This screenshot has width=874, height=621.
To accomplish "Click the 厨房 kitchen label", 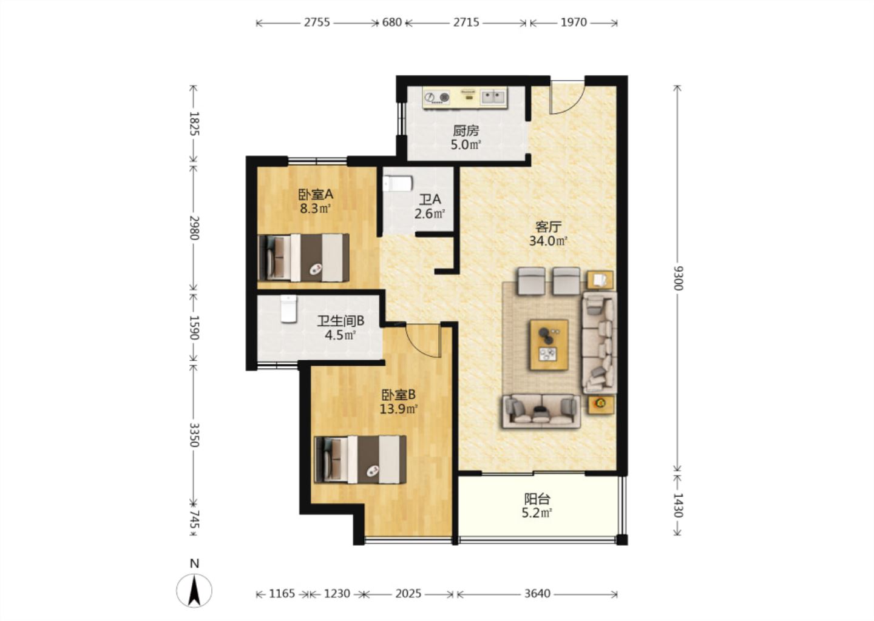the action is pos(466,130).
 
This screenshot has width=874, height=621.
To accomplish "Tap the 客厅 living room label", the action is pos(548,227).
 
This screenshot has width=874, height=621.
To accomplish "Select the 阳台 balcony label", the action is pos(537,498).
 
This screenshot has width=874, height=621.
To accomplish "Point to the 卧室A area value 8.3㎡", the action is pos(315,209).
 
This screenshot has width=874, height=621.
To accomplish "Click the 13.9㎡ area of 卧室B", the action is pos(399,409).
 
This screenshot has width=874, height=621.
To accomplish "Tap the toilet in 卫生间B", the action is pos(288,308).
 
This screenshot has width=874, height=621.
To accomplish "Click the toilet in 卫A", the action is pos(398,184).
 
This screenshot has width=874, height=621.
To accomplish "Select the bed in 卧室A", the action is pos(303,257).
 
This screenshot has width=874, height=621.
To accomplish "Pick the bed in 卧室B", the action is pos(360,460).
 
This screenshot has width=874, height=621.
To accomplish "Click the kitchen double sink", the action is pos(493,96).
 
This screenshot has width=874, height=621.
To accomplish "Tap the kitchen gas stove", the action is pos(437,97).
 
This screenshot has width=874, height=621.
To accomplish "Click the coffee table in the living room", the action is pos(549,344).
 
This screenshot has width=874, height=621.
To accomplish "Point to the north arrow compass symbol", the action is pos(194,590).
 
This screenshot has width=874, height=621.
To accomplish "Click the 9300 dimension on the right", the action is pos(678,278).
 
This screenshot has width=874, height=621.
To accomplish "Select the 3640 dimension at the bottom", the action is pos(537,594).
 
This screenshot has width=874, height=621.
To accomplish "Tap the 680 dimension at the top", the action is pos(391,22).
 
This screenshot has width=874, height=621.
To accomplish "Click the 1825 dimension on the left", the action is pos(194,124).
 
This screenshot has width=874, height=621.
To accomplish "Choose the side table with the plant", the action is pos(601,405).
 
